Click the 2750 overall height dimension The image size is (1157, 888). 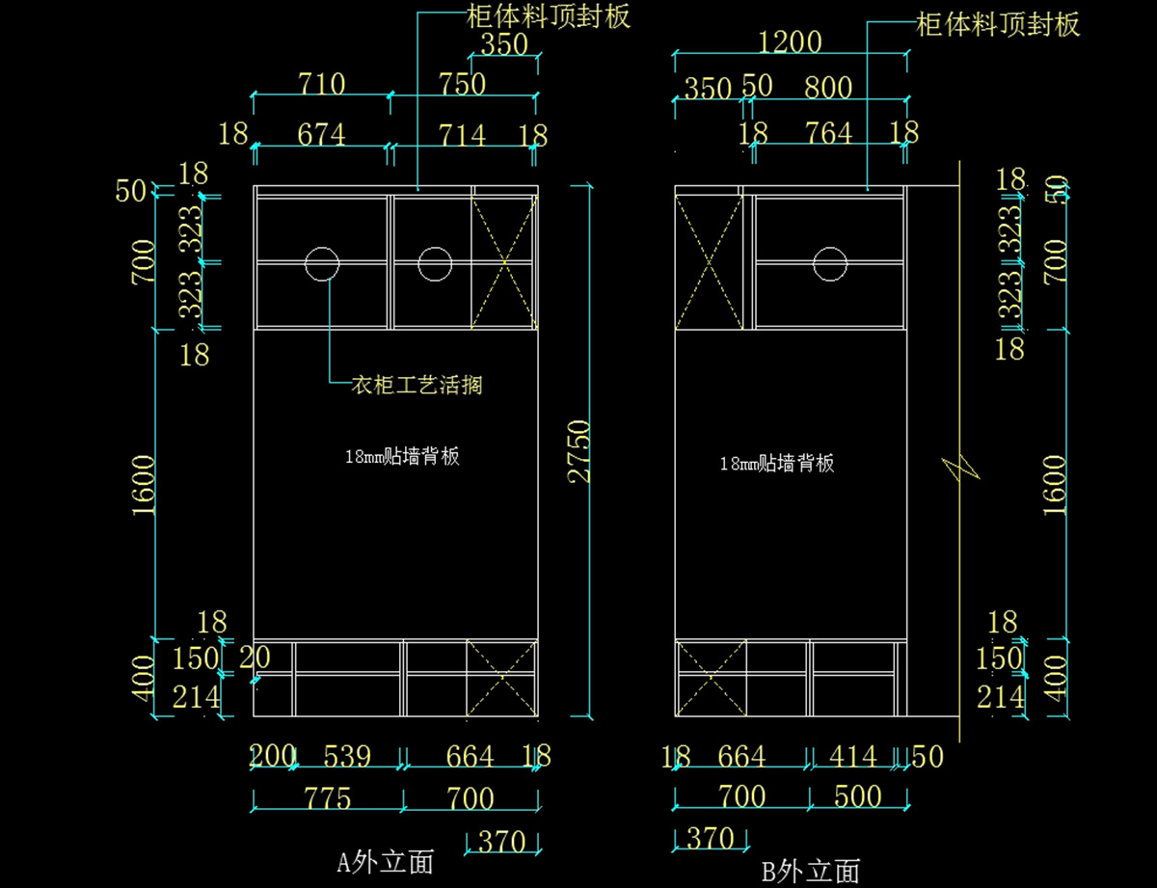coord(579,450)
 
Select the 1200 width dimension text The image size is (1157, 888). coord(790,42)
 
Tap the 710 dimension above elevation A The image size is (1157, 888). coord(321,85)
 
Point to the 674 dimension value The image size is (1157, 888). coord(321,134)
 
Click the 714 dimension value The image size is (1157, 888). coord(462,134)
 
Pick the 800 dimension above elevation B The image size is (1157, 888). coord(828,88)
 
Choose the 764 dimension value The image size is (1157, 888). coord(828,133)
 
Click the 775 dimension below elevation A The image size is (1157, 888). coord(328,798)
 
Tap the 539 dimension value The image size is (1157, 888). coord(346,757)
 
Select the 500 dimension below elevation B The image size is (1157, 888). coord(857,796)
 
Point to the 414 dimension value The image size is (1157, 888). coord(852,757)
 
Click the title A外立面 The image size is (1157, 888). coord(385,861)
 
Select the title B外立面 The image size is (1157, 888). coord(811,872)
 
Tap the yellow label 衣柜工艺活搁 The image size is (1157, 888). coord(417,386)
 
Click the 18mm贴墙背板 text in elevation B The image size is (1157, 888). coord(777,464)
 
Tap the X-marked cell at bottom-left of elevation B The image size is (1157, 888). coord(710,678)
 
